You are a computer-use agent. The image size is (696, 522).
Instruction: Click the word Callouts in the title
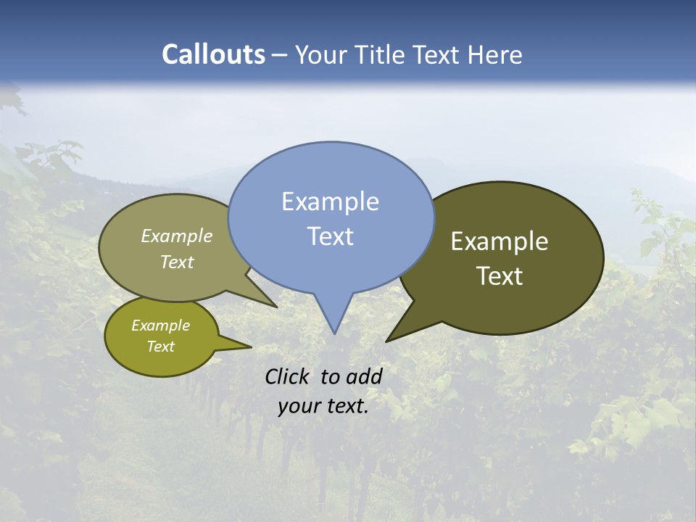(x=213, y=54)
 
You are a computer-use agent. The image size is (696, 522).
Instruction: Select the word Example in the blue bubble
(x=330, y=202)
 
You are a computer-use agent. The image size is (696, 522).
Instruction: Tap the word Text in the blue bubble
(x=331, y=236)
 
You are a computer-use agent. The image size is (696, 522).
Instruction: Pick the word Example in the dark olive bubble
(x=500, y=241)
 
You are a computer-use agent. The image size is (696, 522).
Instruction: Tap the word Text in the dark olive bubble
(x=500, y=276)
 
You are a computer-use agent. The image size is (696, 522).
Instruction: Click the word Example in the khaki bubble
(x=177, y=236)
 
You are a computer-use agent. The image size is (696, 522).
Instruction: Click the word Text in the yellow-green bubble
(x=161, y=347)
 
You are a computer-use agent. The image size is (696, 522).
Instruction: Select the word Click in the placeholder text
(x=288, y=376)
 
